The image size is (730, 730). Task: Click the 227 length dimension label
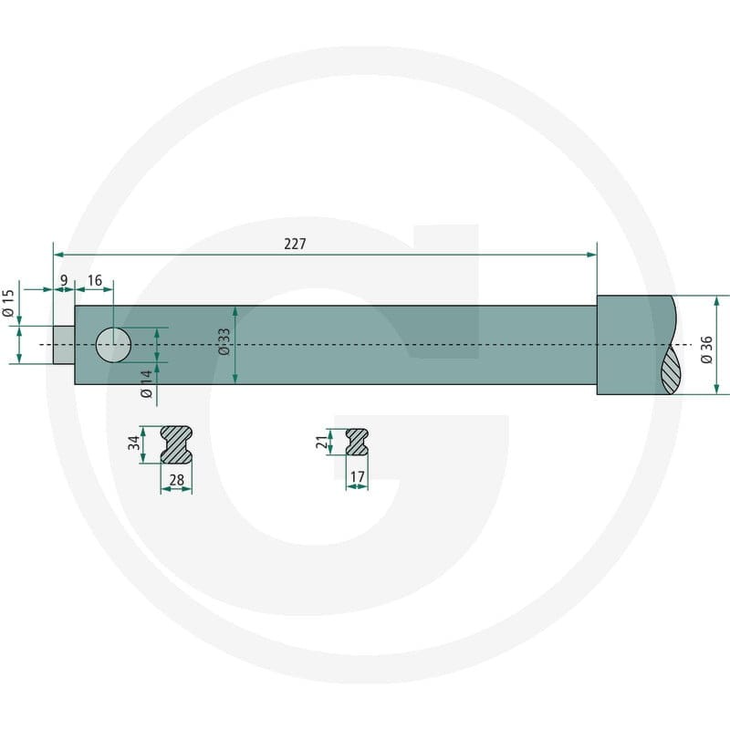coord(295,244)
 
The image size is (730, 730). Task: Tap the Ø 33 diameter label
coord(224,341)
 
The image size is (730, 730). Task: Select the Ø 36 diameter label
coord(706,349)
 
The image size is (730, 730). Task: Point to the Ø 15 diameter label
coord(8,303)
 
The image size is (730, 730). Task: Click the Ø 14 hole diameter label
coord(146,384)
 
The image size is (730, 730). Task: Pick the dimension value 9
coord(64,280)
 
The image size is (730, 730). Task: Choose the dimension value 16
coord(95,280)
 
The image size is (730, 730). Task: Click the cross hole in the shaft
coord(113,345)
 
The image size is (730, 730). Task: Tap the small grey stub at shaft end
coord(64,345)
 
